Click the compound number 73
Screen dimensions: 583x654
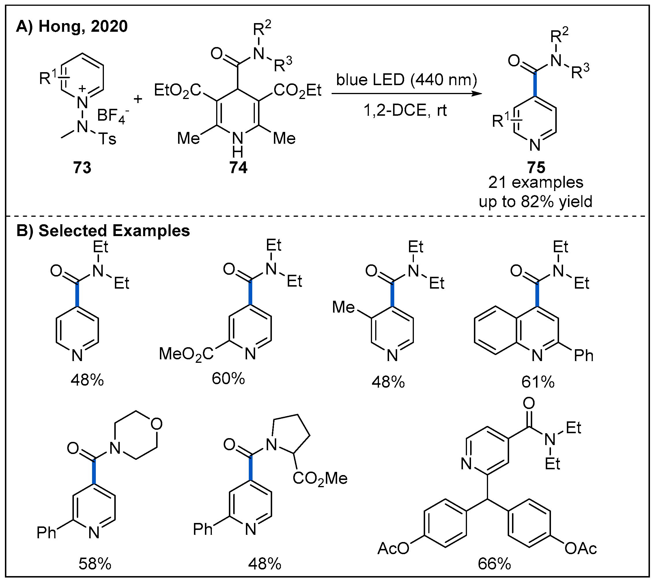(82, 167)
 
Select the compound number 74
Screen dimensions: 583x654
(238, 167)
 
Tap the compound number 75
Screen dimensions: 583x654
(536, 167)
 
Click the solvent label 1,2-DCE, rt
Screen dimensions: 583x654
(405, 111)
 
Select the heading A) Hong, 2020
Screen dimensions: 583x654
(72, 26)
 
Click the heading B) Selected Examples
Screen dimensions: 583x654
(103, 231)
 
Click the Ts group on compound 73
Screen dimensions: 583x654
(107, 139)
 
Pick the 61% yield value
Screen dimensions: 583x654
(538, 382)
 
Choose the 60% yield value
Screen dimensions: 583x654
(228, 379)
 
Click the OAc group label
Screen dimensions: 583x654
(580, 549)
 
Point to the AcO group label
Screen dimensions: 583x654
(393, 549)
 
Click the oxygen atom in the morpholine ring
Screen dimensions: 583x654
(156, 424)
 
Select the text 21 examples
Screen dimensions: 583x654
(535, 183)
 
